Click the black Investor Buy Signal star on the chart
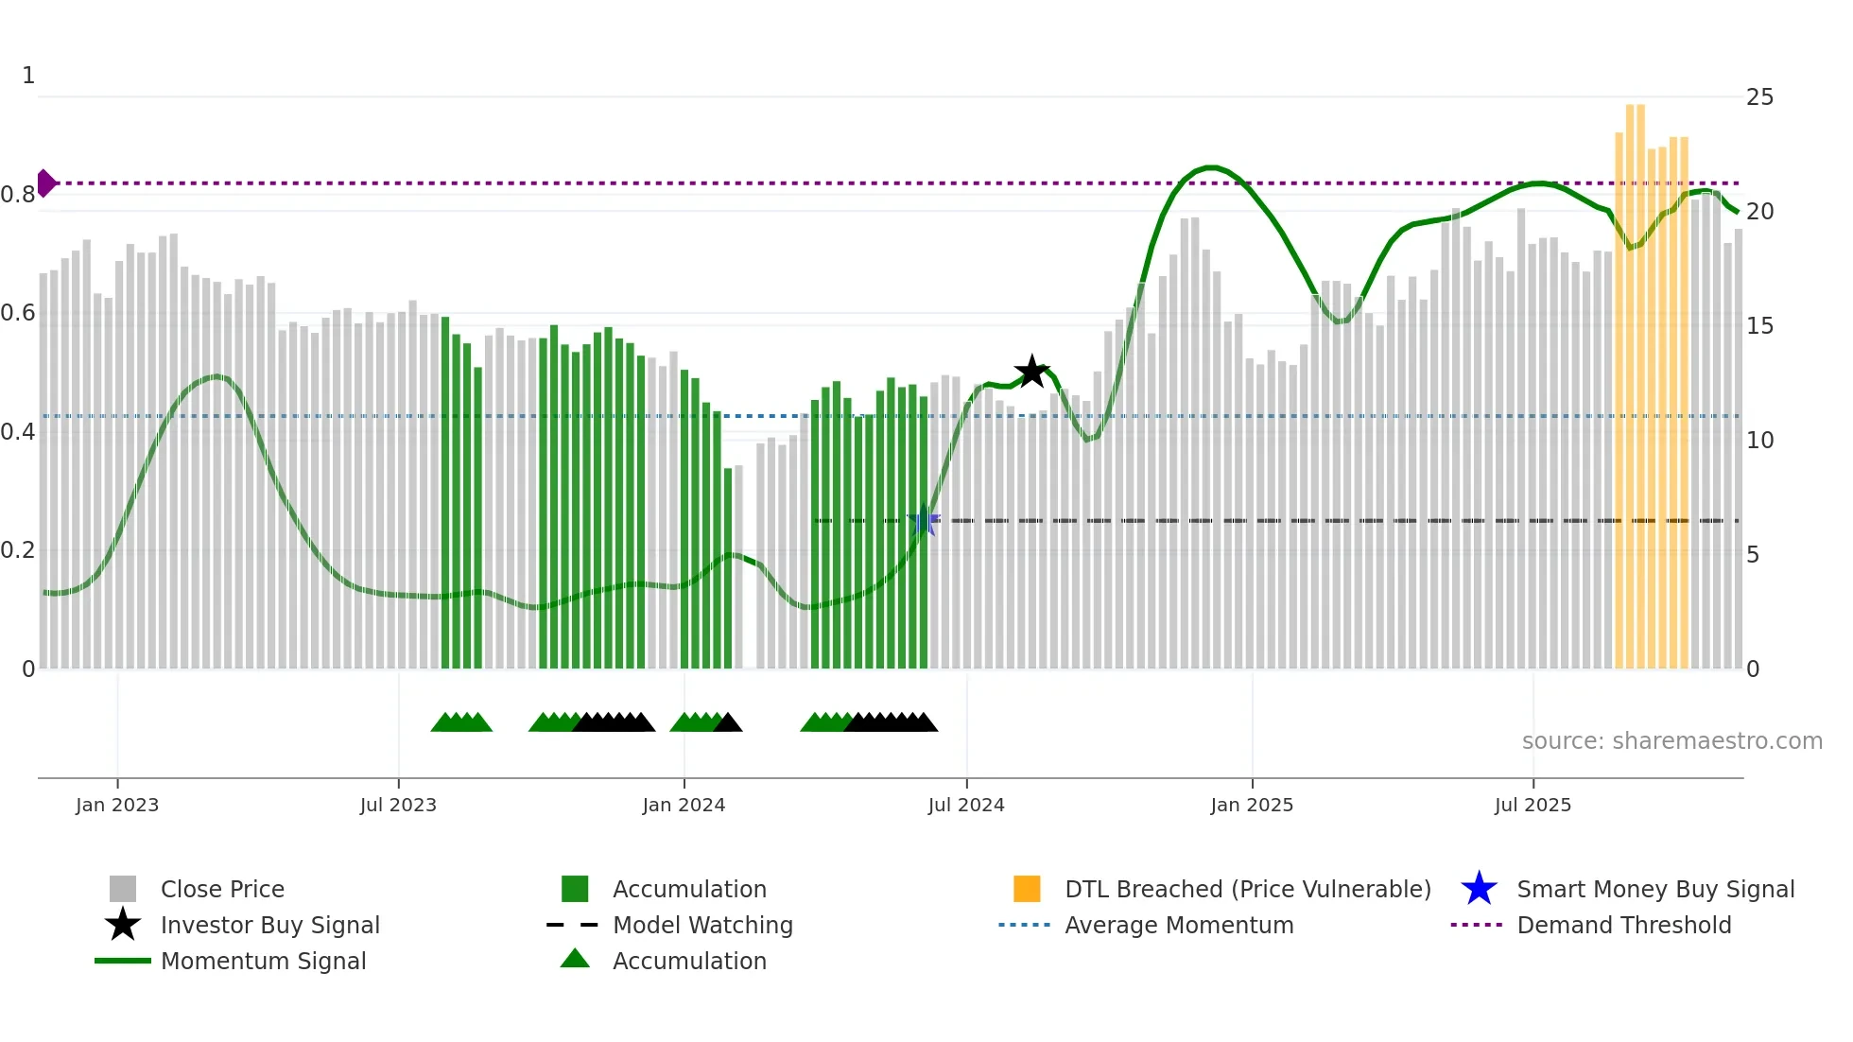pos(1031,372)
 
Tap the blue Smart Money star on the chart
pos(924,520)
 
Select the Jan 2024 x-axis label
pos(684,805)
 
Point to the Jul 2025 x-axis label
pos(1533,805)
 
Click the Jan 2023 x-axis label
pos(117,805)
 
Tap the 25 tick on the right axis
pos(1759,97)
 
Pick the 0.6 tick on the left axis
pos(18,313)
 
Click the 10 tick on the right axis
pos(1759,441)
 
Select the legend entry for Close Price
pos(222,889)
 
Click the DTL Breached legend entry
pos(1247,889)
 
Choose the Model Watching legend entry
pos(701,925)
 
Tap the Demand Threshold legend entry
pos(1623,925)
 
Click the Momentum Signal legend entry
pos(263,961)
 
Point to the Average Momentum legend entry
pos(1178,925)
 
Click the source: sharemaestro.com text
pos(1671,741)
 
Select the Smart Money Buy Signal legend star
pos(1479,889)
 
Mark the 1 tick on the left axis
pos(28,76)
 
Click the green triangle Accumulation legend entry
pos(688,961)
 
